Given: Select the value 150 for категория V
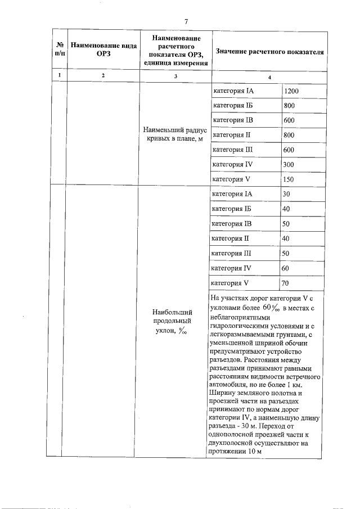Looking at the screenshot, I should (290, 179).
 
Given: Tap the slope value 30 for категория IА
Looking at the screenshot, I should (286, 194).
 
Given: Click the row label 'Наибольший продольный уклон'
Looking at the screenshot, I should (174, 321).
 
